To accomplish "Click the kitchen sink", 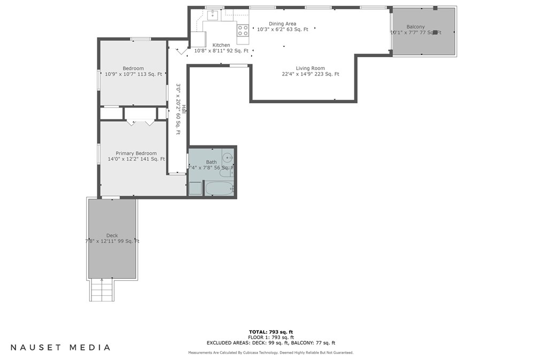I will pos(213,15).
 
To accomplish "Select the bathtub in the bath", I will pos(219,189).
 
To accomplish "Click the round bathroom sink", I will pos(227,158).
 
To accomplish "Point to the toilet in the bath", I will pos(231,172).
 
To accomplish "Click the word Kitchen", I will pos(221,45).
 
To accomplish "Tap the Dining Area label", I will pos(283,24).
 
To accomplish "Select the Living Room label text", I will pos(311,68).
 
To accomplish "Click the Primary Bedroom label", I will pos(136,154).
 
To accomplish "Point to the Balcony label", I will pos(415,27).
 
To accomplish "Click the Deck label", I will pos(112,235).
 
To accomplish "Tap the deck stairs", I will pos(101,290).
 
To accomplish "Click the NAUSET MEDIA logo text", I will pos(60,347).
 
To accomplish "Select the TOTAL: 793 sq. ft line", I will pos(271,332).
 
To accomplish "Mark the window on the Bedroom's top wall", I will pos(141,39).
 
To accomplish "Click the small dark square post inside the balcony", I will pos(435,33).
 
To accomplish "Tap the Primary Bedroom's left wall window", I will pos(98,154).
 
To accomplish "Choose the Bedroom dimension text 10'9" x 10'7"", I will pos(120,74).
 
